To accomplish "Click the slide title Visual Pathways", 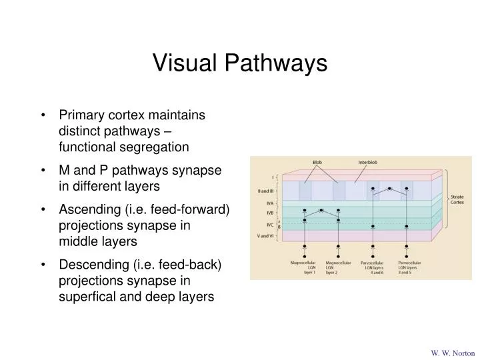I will click(x=240, y=63).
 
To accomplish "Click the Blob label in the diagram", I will click(x=317, y=163).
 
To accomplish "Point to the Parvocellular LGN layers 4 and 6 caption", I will click(x=375, y=267).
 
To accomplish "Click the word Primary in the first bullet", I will click(x=81, y=115).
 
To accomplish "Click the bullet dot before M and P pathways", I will click(x=43, y=171).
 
